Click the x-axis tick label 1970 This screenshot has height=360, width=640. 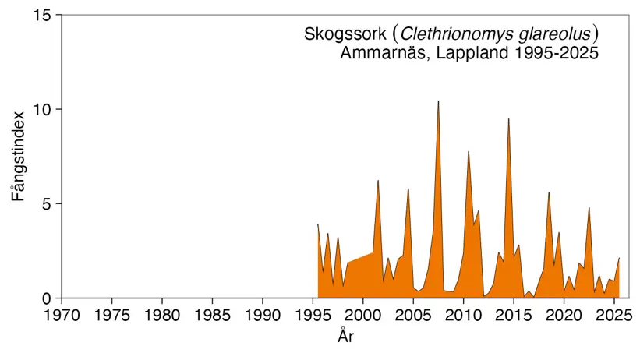pos(62,316)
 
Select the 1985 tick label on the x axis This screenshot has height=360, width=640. pos(213,316)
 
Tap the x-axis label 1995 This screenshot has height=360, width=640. pos(313,316)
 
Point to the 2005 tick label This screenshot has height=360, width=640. pos(414,316)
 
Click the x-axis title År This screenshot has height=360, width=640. pos(347,337)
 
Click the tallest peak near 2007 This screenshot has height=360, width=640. pos(438,101)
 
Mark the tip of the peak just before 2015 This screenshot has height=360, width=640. pos(508,119)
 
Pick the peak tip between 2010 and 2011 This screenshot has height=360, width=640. pos(469,151)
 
